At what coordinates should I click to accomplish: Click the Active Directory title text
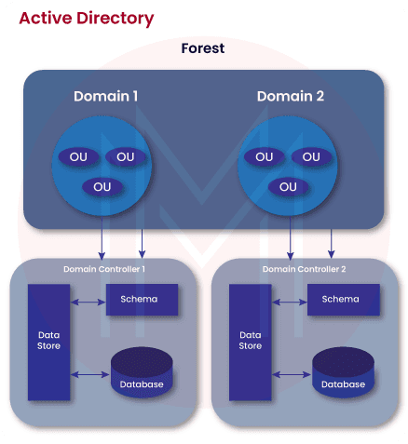click(87, 18)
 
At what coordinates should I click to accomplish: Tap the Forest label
click(202, 48)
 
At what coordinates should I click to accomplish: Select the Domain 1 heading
click(105, 96)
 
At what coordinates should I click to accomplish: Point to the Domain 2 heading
click(288, 96)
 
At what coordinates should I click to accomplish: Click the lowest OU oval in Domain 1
click(102, 187)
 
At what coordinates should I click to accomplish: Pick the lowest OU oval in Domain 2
click(288, 187)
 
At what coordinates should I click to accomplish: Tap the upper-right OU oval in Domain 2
click(312, 156)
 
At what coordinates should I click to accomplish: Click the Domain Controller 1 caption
click(103, 269)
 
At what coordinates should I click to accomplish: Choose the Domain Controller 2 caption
click(304, 269)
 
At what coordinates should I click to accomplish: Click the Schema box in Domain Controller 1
click(139, 299)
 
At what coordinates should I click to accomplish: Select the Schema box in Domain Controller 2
click(340, 299)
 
